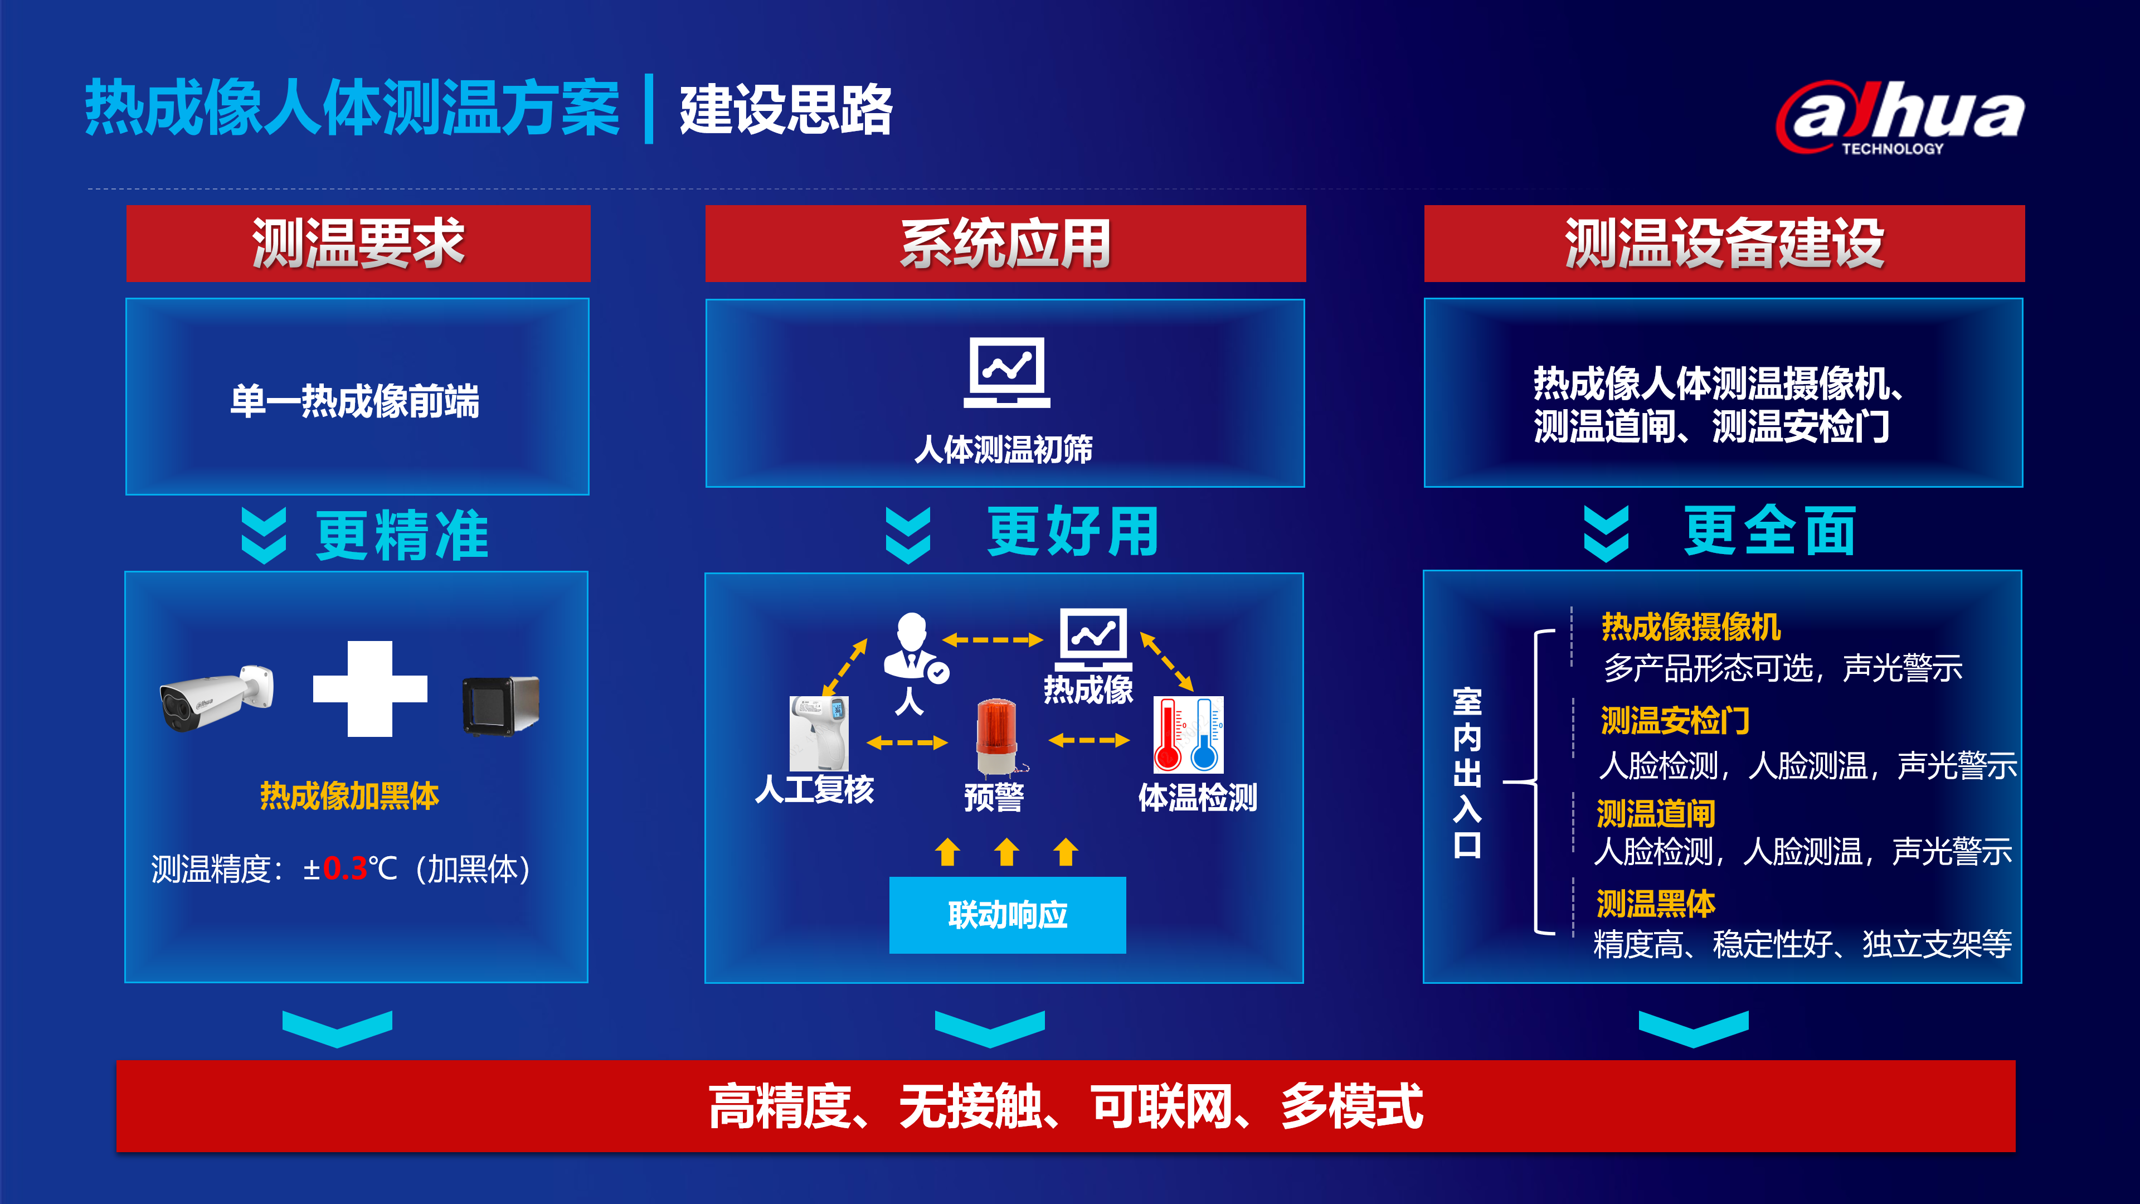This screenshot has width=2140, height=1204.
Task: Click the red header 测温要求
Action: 358,244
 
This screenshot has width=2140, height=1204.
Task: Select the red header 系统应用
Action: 1005,244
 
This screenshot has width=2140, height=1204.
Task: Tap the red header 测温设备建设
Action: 1724,244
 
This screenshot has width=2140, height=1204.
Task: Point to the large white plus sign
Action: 369,689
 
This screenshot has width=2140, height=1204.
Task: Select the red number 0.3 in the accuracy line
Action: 345,869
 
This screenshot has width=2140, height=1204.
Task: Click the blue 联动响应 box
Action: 1008,915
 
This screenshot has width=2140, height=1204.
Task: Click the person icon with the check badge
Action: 914,649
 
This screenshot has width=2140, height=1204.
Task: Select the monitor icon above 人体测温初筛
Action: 1007,372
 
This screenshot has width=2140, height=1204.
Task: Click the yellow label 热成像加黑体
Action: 350,796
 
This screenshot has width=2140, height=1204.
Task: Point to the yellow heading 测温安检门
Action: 1675,720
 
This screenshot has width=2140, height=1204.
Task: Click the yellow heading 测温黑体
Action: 1656,903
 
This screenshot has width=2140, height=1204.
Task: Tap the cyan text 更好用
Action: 1073,532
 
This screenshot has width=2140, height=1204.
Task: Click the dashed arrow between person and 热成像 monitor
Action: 993,640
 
